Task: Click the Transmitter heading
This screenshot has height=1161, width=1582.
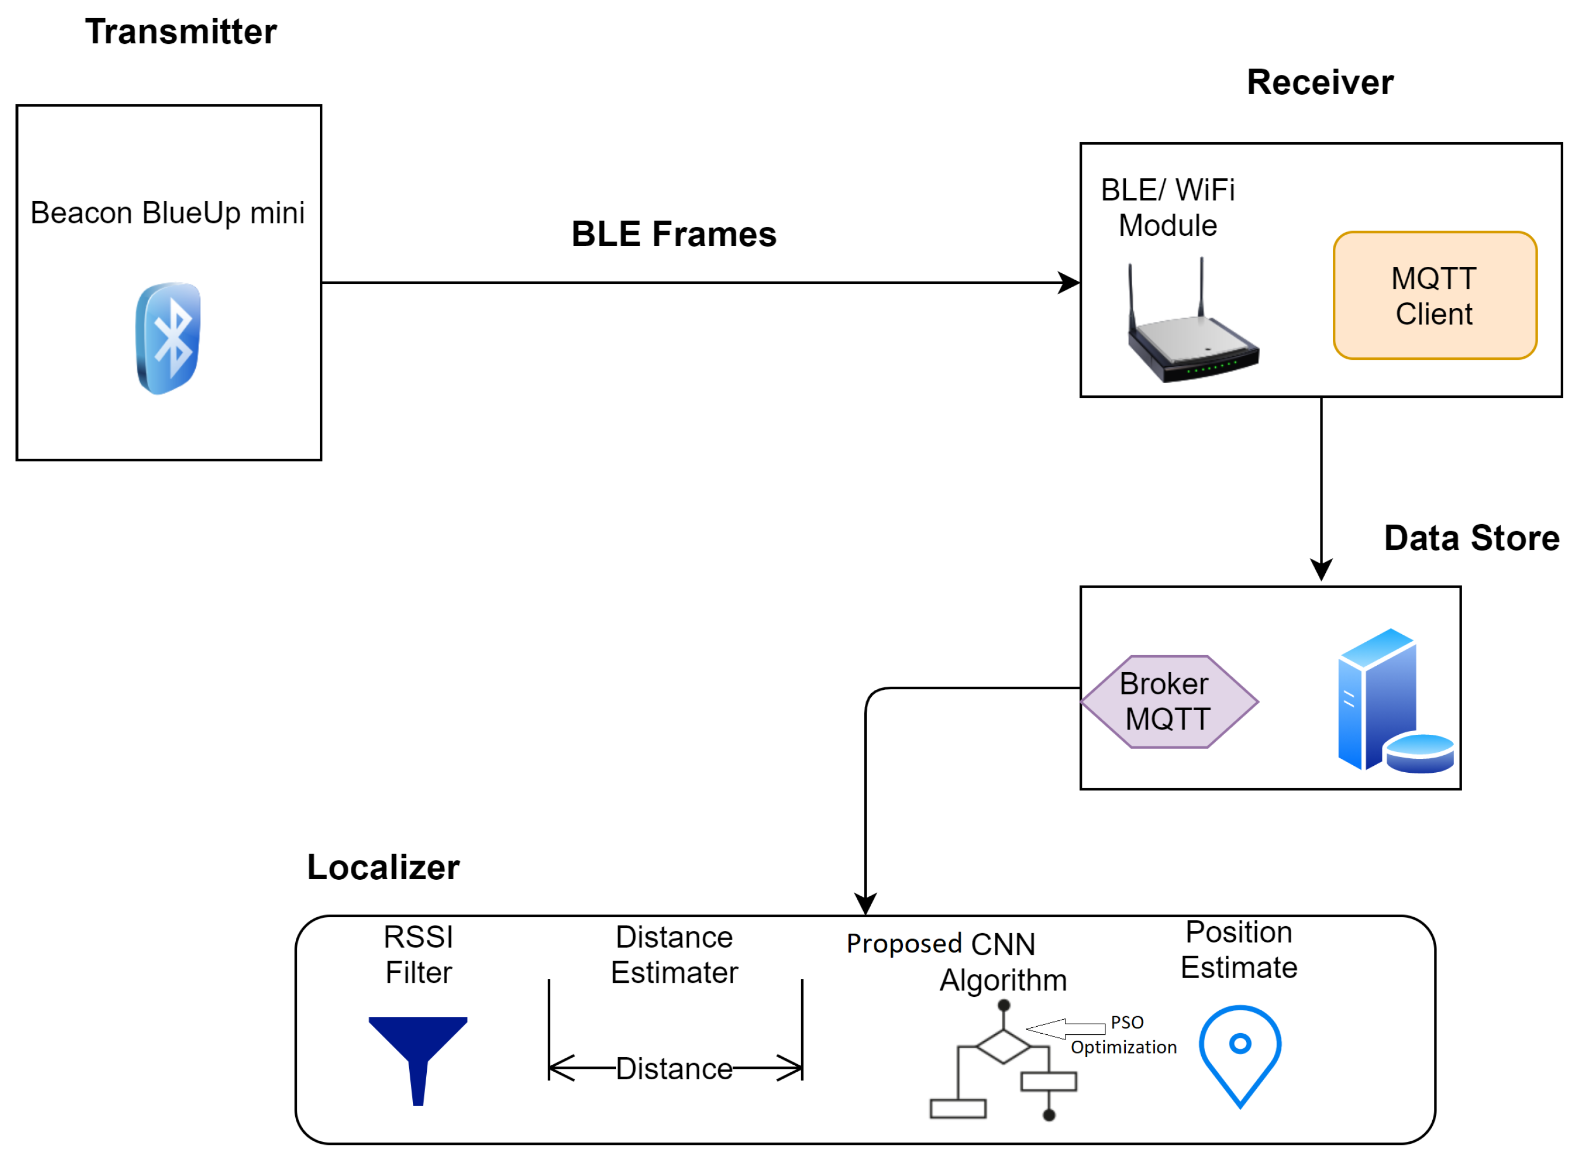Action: pos(181,32)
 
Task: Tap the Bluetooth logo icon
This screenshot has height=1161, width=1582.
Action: pos(168,338)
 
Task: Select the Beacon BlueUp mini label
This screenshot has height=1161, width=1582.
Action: pos(167,213)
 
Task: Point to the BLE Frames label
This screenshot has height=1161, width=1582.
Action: pos(673,234)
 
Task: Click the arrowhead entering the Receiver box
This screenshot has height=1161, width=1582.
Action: pos(1069,283)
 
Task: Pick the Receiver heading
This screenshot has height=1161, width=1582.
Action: pos(1319,83)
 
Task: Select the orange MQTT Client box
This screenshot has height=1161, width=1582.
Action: pos(1434,296)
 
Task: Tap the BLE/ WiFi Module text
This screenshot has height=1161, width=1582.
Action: pos(1168,208)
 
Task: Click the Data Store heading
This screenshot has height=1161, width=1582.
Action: pos(1471,539)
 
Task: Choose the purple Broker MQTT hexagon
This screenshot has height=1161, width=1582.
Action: pos(1168,702)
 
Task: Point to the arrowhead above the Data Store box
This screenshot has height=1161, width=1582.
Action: pos(1320,569)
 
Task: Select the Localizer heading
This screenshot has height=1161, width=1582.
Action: pos(383,867)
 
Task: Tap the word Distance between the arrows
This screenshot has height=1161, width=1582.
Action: pos(674,1069)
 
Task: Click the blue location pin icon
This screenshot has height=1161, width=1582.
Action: pos(1240,1052)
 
